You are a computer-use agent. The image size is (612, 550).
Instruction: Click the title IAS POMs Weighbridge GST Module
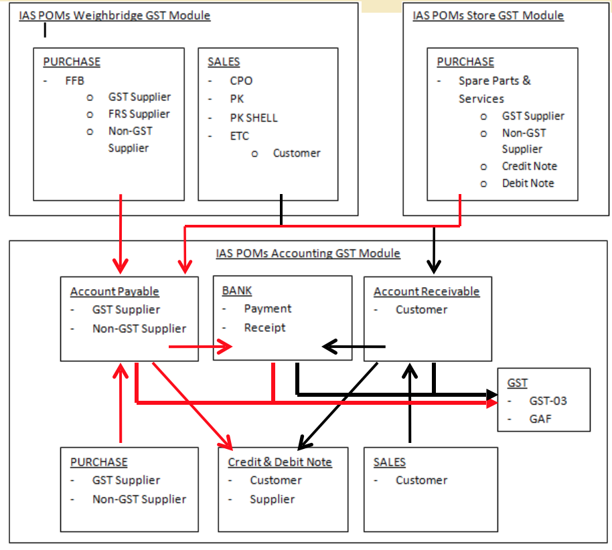click(114, 15)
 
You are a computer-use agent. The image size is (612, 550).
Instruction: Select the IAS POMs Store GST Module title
click(488, 15)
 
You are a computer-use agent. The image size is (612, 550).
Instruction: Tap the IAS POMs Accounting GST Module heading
click(308, 254)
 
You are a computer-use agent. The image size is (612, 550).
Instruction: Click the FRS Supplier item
click(139, 114)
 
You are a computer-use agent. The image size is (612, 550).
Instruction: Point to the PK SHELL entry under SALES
click(253, 118)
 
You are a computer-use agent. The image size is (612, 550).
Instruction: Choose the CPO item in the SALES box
click(241, 81)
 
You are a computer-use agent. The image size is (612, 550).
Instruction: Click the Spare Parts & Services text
click(494, 90)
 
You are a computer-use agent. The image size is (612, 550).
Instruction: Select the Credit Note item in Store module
click(529, 166)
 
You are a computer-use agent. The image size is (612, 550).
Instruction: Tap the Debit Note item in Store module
click(528, 183)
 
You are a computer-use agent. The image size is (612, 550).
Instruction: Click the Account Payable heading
click(114, 292)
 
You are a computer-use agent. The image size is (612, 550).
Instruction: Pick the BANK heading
click(237, 290)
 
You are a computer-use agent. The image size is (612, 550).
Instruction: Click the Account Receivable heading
click(427, 292)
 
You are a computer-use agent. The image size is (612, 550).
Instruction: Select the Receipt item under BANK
click(264, 328)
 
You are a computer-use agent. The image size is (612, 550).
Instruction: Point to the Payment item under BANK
click(267, 309)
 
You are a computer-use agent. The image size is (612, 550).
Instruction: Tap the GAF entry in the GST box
click(540, 420)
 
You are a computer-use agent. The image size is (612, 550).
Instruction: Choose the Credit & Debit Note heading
click(280, 462)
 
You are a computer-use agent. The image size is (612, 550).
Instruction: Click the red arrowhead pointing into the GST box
click(493, 403)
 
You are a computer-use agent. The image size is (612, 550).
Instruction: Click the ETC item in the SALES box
click(239, 136)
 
